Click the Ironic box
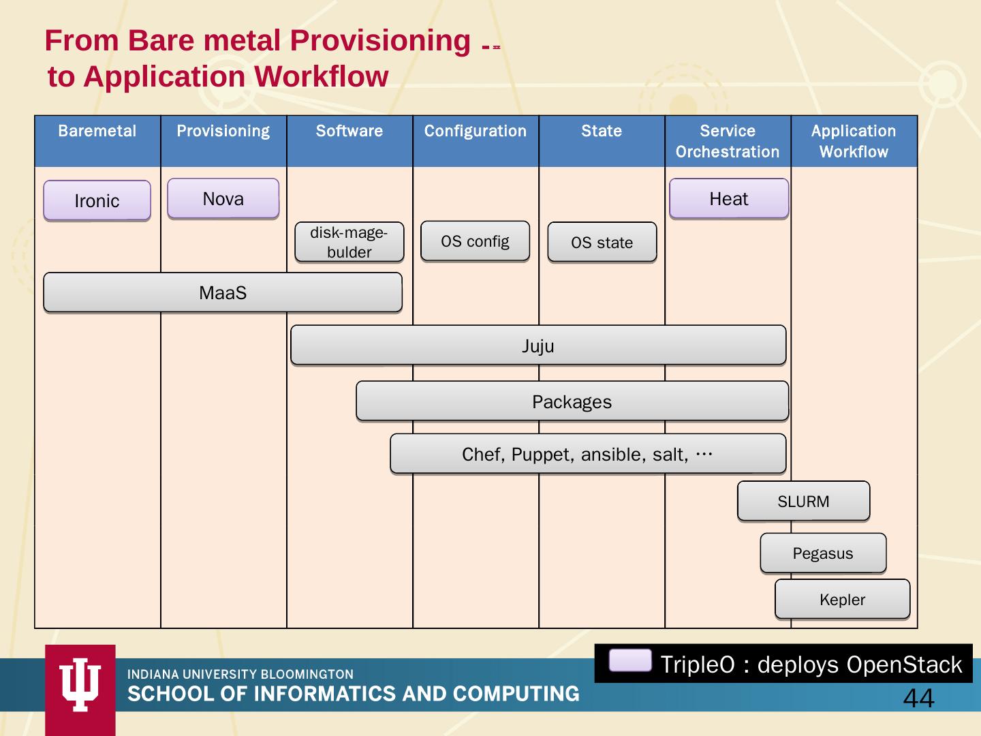tap(97, 200)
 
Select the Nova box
tap(223, 198)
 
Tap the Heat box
tap(728, 198)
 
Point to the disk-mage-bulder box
tap(349, 242)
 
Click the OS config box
tap(475, 241)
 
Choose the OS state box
tap(602, 243)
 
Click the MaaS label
tap(223, 293)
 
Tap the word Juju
tap(538, 346)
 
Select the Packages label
tap(572, 402)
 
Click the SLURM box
tap(803, 502)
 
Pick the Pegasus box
tap(822, 553)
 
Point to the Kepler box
tap(842, 600)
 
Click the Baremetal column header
tap(97, 132)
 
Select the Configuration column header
tap(476, 132)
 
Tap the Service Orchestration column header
tap(728, 141)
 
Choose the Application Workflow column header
tap(854, 141)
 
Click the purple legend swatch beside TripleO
tap(630, 660)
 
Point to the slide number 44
tap(918, 699)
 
